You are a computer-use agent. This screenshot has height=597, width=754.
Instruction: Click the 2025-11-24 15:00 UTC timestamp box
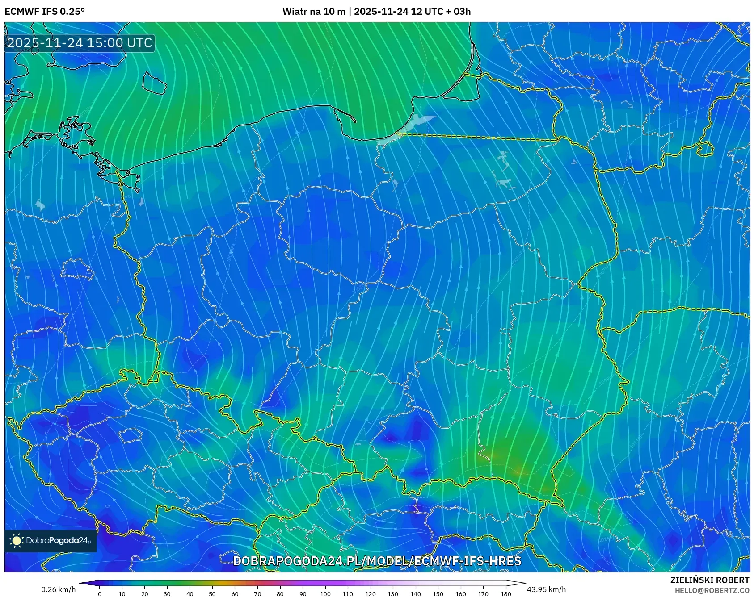(x=80, y=43)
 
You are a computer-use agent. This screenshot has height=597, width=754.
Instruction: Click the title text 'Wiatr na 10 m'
(x=314, y=12)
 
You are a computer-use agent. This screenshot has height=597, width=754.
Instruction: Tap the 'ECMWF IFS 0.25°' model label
(x=45, y=12)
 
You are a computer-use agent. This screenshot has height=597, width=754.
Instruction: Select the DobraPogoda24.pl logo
(x=51, y=541)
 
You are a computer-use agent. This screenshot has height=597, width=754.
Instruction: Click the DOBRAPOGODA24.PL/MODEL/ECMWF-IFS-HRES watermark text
(x=377, y=561)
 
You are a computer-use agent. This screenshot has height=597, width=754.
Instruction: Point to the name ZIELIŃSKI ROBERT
(x=709, y=580)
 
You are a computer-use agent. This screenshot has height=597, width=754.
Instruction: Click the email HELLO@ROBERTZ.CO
(x=712, y=590)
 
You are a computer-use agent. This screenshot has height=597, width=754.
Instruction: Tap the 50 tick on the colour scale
(x=212, y=593)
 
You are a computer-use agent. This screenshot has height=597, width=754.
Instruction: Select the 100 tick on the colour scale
(x=325, y=593)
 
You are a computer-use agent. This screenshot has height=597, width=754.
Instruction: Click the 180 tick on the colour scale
(x=505, y=593)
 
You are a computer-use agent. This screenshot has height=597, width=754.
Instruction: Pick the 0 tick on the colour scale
(x=100, y=593)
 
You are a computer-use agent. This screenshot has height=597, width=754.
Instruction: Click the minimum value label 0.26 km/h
(x=59, y=589)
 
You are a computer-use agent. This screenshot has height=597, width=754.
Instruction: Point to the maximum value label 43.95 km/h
(x=546, y=589)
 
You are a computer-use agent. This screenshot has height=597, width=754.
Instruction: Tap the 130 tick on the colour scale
(x=393, y=593)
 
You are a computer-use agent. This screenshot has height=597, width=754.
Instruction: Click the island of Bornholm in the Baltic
(x=154, y=83)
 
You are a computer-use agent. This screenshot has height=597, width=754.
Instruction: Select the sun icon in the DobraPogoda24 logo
(x=17, y=541)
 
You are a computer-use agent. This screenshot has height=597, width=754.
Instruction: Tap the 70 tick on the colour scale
(x=257, y=593)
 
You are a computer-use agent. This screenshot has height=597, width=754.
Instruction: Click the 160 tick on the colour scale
(x=460, y=593)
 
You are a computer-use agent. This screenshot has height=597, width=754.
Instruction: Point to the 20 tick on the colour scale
(x=145, y=593)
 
